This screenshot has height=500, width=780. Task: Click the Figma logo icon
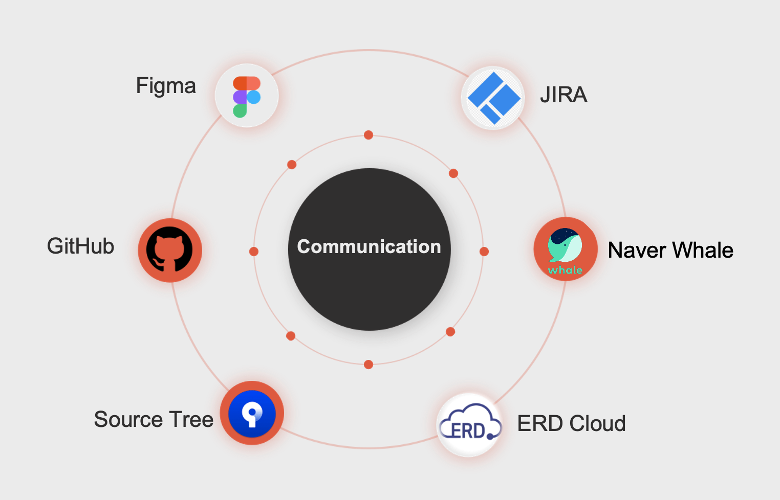point(247,96)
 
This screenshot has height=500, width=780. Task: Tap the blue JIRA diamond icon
point(493,98)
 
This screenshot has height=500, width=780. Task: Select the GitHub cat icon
point(170,249)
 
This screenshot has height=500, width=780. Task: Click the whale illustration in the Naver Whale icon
point(565,245)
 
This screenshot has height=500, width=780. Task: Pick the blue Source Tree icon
point(252,413)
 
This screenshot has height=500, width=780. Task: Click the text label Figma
point(166,86)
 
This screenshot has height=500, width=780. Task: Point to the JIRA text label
point(564,95)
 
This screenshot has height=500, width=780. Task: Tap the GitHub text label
point(80,246)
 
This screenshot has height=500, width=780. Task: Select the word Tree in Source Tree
point(191,420)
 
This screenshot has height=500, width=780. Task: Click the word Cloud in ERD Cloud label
point(597,424)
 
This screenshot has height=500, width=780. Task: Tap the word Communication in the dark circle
point(369,247)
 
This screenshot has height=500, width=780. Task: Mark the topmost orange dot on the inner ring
point(369,135)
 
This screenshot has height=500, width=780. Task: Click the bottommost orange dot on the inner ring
point(369,365)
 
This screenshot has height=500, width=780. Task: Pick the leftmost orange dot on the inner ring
point(254,252)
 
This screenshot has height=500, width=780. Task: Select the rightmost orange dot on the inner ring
point(484,252)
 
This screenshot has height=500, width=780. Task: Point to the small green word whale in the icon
point(565,270)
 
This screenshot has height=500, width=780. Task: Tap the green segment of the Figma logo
point(240,111)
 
